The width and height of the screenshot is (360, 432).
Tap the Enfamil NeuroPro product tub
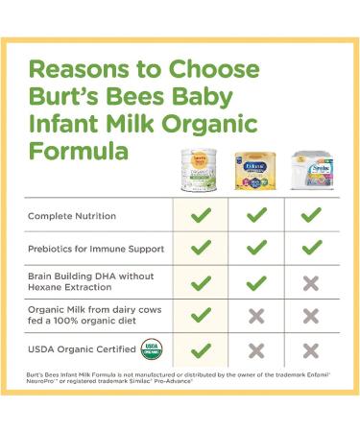256,172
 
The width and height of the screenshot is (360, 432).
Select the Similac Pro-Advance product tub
310,172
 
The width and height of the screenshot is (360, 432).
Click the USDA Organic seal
150,349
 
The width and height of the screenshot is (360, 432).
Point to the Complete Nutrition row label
72,216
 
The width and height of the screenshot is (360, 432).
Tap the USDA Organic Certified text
80,349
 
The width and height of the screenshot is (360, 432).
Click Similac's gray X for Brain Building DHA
311,283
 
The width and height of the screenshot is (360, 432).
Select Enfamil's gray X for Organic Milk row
256,317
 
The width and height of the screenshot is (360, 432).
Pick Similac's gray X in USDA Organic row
311,350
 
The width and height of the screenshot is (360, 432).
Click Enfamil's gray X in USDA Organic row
256,350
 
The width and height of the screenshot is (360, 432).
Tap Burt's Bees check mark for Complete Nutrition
201,216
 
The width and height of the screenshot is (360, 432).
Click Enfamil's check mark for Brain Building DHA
256,283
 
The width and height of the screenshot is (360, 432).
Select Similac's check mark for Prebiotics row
311,249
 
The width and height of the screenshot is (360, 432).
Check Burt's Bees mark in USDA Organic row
201,350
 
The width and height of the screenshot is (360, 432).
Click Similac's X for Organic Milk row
311,317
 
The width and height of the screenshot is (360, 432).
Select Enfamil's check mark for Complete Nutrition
256,216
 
